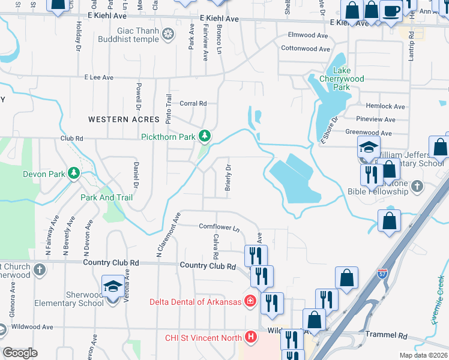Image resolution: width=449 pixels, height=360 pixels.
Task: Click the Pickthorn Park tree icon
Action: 205,136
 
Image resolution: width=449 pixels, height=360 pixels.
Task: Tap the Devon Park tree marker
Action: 74,174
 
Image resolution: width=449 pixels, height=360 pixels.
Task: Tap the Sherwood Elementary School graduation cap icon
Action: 112,286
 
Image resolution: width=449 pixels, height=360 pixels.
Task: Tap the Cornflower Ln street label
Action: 219,227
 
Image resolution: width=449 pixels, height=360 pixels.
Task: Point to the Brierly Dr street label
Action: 228,178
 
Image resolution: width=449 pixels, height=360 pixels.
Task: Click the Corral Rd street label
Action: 193,103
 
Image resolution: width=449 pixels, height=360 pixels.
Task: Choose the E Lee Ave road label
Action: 99,77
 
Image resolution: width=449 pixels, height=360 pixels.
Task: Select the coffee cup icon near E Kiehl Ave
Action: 391,11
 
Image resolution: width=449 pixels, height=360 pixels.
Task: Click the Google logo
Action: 20,353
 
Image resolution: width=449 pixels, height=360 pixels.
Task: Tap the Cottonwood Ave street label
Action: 306,49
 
